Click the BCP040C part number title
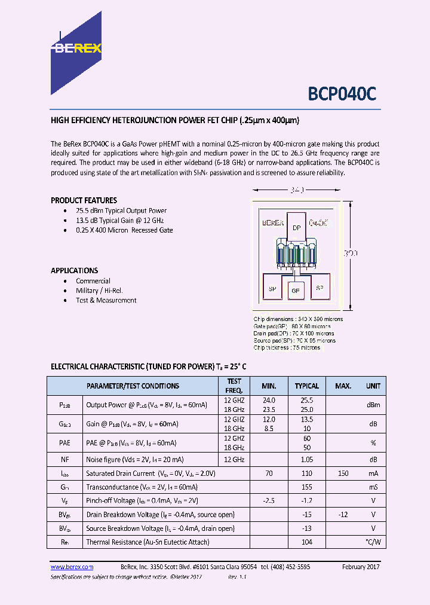[x=342, y=94]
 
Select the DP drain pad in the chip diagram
[x=296, y=228]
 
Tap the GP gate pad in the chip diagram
[x=295, y=291]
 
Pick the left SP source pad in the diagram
[x=272, y=288]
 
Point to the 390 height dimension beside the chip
[x=351, y=253]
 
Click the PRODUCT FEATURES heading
[x=84, y=200]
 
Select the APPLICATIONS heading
[x=74, y=270]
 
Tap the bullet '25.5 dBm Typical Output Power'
[x=121, y=210]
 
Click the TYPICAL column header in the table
[x=307, y=386]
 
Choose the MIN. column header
[x=269, y=386]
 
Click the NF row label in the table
[x=64, y=459]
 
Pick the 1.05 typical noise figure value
[x=307, y=459]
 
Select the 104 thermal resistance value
[x=307, y=542]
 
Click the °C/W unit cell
[x=373, y=542]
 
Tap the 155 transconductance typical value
[x=307, y=487]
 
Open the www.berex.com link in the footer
[x=72, y=567]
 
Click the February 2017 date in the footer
[x=361, y=567]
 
